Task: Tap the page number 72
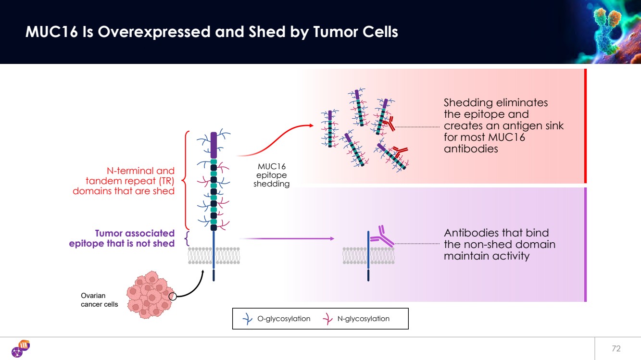click(616, 348)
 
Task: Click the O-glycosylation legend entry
click(276, 319)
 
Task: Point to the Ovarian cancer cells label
click(99, 300)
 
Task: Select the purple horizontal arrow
click(287, 238)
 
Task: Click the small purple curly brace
click(187, 238)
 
